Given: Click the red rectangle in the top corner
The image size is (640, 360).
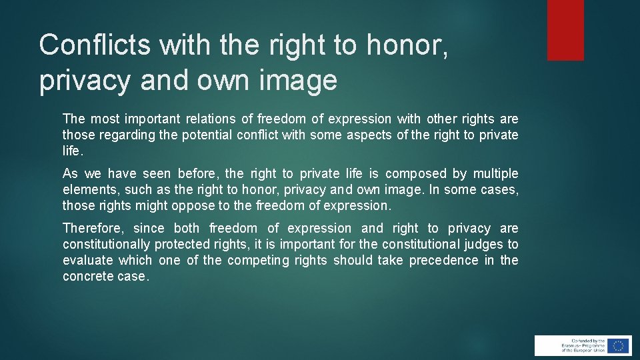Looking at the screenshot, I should point(565,30).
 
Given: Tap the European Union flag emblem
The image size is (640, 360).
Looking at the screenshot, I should point(619,345).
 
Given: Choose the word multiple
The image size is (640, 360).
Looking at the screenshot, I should point(495,174).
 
